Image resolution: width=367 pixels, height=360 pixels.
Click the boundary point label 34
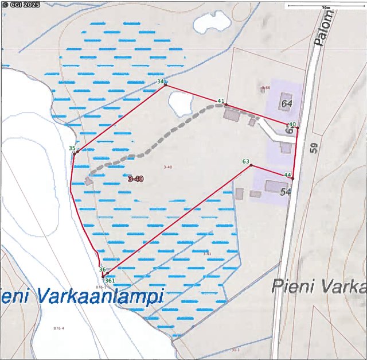coord(160,82)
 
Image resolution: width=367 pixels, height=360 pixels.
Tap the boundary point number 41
coord(220,101)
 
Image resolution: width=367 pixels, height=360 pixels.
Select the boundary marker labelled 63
coord(246,162)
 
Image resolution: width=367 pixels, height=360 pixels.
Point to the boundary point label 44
coord(288,175)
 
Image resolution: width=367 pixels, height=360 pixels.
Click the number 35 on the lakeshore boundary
coord(72,149)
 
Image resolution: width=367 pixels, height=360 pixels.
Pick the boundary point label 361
coord(111,280)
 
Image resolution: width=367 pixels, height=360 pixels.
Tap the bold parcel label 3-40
coord(136,179)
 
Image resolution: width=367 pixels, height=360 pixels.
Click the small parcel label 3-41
coord(207,253)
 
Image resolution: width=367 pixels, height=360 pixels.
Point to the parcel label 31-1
coord(235,350)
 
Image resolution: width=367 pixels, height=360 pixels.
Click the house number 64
coord(287,103)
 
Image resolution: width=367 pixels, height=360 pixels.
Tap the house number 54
coord(286,192)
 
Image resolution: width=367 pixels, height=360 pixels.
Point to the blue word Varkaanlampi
coord(101,296)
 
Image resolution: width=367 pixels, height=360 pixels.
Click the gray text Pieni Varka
coord(318,285)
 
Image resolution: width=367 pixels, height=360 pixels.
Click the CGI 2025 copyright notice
coord(21,5)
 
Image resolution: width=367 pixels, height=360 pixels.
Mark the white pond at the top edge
coord(211,22)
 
